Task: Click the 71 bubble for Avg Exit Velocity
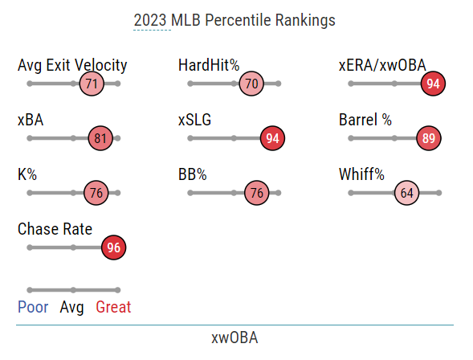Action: (92, 84)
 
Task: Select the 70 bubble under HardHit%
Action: (252, 84)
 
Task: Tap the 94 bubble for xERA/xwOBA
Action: (434, 84)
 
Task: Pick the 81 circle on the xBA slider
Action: (100, 138)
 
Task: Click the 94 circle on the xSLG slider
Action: (273, 138)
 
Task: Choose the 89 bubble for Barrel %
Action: (429, 138)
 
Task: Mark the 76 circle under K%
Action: (96, 193)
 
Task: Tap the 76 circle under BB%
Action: (256, 193)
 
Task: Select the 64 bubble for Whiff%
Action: (406, 193)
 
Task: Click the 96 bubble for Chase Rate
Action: (114, 247)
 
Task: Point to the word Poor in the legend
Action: (33, 307)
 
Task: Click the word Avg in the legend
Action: (72, 307)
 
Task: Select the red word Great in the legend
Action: (113, 307)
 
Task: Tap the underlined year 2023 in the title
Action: (152, 20)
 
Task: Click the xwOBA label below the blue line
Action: (234, 337)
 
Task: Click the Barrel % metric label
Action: (365, 120)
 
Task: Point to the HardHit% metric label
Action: (209, 65)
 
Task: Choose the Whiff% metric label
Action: (361, 174)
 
